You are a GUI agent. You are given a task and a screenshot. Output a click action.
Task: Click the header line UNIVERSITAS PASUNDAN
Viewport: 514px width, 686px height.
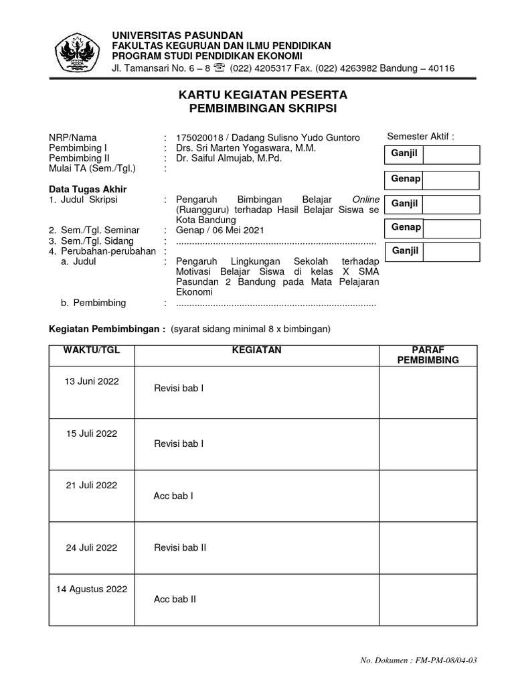point(177,35)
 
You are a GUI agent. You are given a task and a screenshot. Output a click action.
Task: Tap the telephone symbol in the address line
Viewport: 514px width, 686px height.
point(220,68)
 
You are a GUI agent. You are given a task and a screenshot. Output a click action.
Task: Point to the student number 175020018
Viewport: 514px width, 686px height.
point(198,137)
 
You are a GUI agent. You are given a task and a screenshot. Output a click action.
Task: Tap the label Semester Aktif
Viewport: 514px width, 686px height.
point(420,137)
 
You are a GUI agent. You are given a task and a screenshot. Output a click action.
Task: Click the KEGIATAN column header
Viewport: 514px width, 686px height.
point(256,350)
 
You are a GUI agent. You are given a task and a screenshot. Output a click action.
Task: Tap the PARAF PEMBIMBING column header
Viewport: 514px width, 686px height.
point(428,355)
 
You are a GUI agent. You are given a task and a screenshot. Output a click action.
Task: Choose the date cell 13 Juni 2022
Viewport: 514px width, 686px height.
point(92,381)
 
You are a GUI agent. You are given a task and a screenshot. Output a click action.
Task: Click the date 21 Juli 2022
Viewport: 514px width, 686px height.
point(92,486)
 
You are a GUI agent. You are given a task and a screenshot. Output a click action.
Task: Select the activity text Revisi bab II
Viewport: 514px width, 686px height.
point(180,547)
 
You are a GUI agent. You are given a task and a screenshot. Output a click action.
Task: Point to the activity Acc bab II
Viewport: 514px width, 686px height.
point(175,600)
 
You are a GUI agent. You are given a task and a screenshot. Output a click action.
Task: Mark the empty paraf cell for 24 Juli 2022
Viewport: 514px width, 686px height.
point(428,547)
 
